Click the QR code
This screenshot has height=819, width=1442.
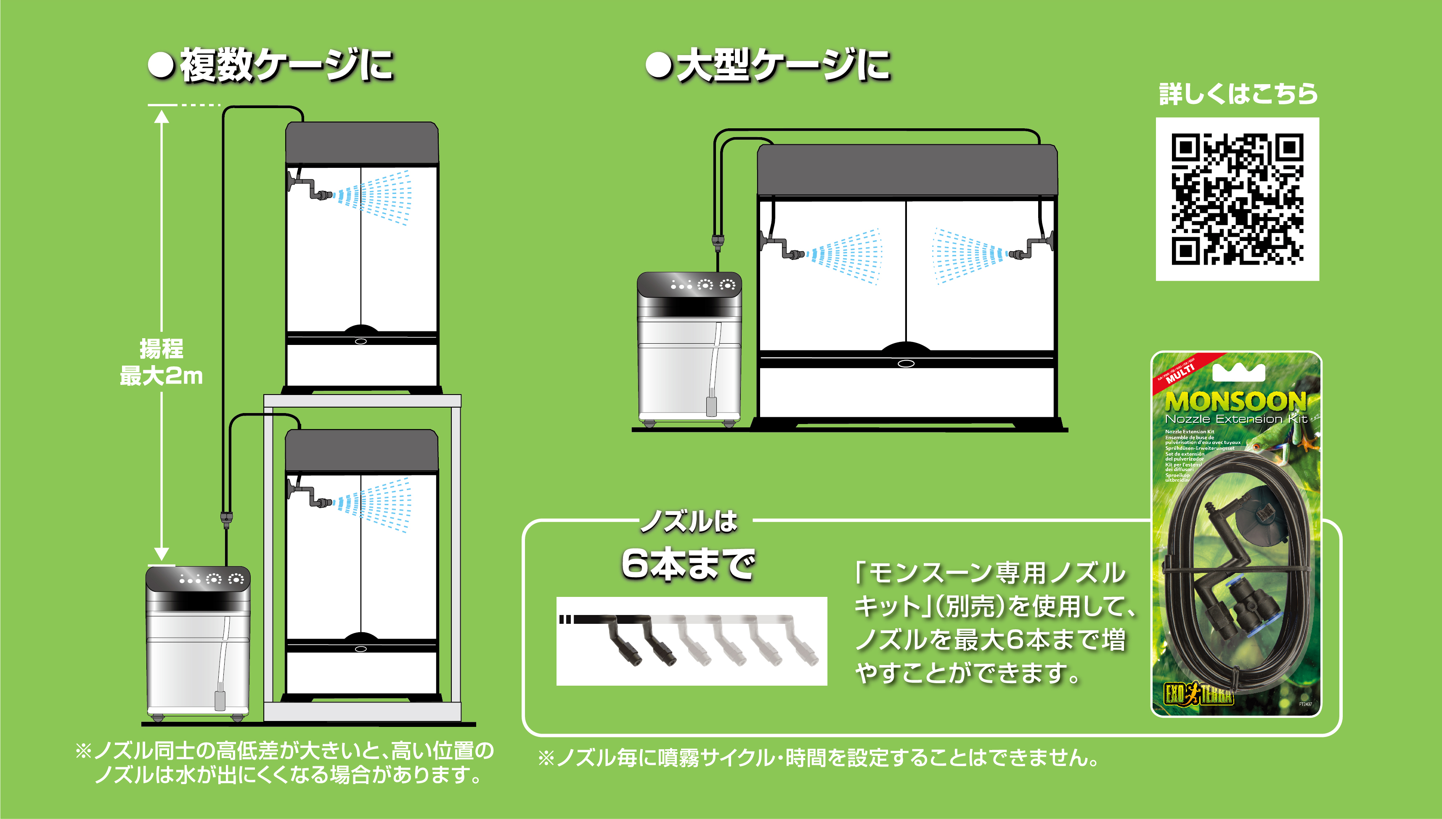(1237, 199)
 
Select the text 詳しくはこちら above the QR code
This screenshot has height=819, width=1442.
(1238, 94)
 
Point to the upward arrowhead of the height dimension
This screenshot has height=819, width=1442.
(162, 117)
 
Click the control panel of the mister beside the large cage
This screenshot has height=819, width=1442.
(689, 285)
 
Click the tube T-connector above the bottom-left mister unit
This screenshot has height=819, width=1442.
(226, 518)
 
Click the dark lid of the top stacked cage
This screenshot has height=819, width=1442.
(362, 143)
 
